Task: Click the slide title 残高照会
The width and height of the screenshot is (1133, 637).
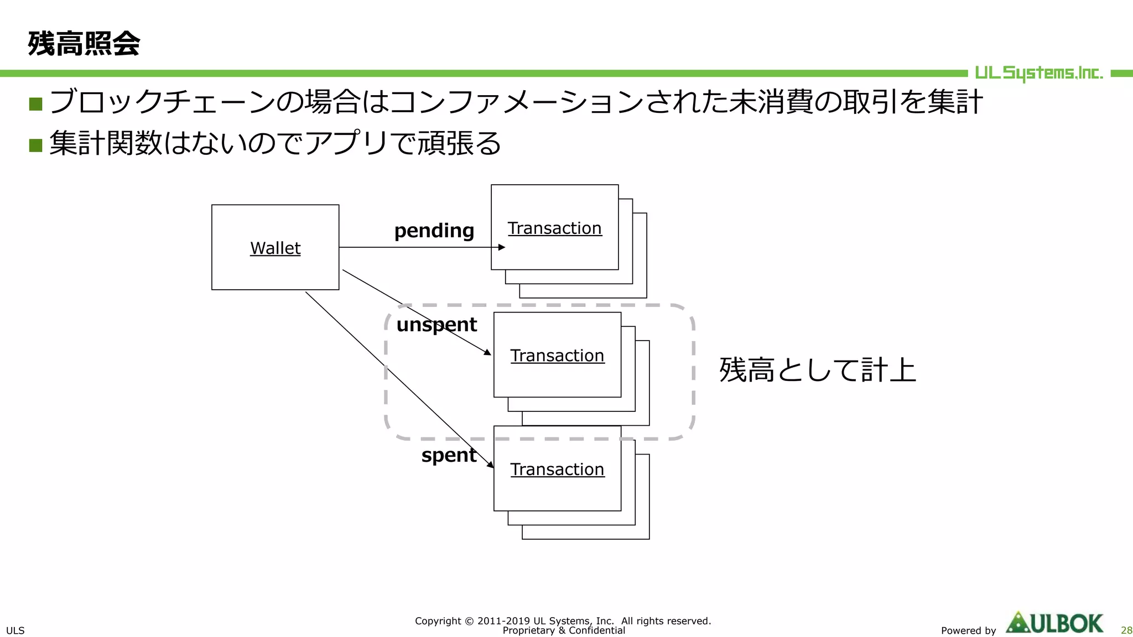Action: pyautogui.click(x=84, y=44)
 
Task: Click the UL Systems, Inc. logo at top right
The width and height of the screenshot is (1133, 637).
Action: pyautogui.click(x=1038, y=73)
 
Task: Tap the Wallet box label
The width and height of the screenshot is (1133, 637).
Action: pyautogui.click(x=275, y=248)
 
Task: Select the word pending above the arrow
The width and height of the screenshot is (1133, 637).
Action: pyautogui.click(x=434, y=231)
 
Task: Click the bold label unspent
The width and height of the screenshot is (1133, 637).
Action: pyautogui.click(x=436, y=325)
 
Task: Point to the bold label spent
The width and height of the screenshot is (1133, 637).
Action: pyautogui.click(x=449, y=455)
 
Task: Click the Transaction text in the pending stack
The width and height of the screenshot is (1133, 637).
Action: pyautogui.click(x=554, y=228)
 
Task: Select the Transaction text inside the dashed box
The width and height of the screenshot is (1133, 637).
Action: pyautogui.click(x=557, y=356)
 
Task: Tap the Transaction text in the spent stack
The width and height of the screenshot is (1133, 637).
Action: pyautogui.click(x=557, y=469)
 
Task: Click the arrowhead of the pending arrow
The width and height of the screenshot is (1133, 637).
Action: pyautogui.click(x=502, y=247)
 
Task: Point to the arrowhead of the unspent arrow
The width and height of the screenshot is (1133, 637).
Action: pyautogui.click(x=487, y=352)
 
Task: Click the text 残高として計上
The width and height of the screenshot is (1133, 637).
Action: pyautogui.click(x=817, y=370)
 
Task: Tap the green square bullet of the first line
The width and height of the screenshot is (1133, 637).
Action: pyautogui.click(x=36, y=104)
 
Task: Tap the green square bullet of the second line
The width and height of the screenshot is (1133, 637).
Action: pyautogui.click(x=36, y=145)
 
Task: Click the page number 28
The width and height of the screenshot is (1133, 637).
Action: pyautogui.click(x=1126, y=630)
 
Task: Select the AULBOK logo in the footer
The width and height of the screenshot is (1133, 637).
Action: pyautogui.click(x=1054, y=623)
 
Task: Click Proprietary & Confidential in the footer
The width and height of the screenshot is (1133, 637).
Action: pyautogui.click(x=563, y=631)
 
